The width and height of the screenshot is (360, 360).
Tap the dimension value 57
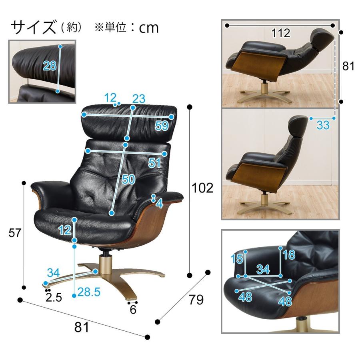15,233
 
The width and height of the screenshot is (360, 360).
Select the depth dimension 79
196,300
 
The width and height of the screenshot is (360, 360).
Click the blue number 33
323,125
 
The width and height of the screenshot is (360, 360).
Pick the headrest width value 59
162,126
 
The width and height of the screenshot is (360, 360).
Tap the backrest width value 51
154,163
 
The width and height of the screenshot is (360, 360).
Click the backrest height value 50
128,180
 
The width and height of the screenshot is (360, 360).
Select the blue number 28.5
89,293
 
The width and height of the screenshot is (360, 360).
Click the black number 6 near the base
133,309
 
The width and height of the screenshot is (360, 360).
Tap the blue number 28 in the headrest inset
50,66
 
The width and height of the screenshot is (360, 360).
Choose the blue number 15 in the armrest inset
237,259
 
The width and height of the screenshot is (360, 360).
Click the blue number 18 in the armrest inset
289,255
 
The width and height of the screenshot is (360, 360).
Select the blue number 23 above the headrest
139,98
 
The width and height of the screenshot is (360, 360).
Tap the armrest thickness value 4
160,204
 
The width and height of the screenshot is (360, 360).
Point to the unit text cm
149,27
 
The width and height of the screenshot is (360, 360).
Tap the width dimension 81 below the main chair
82,327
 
